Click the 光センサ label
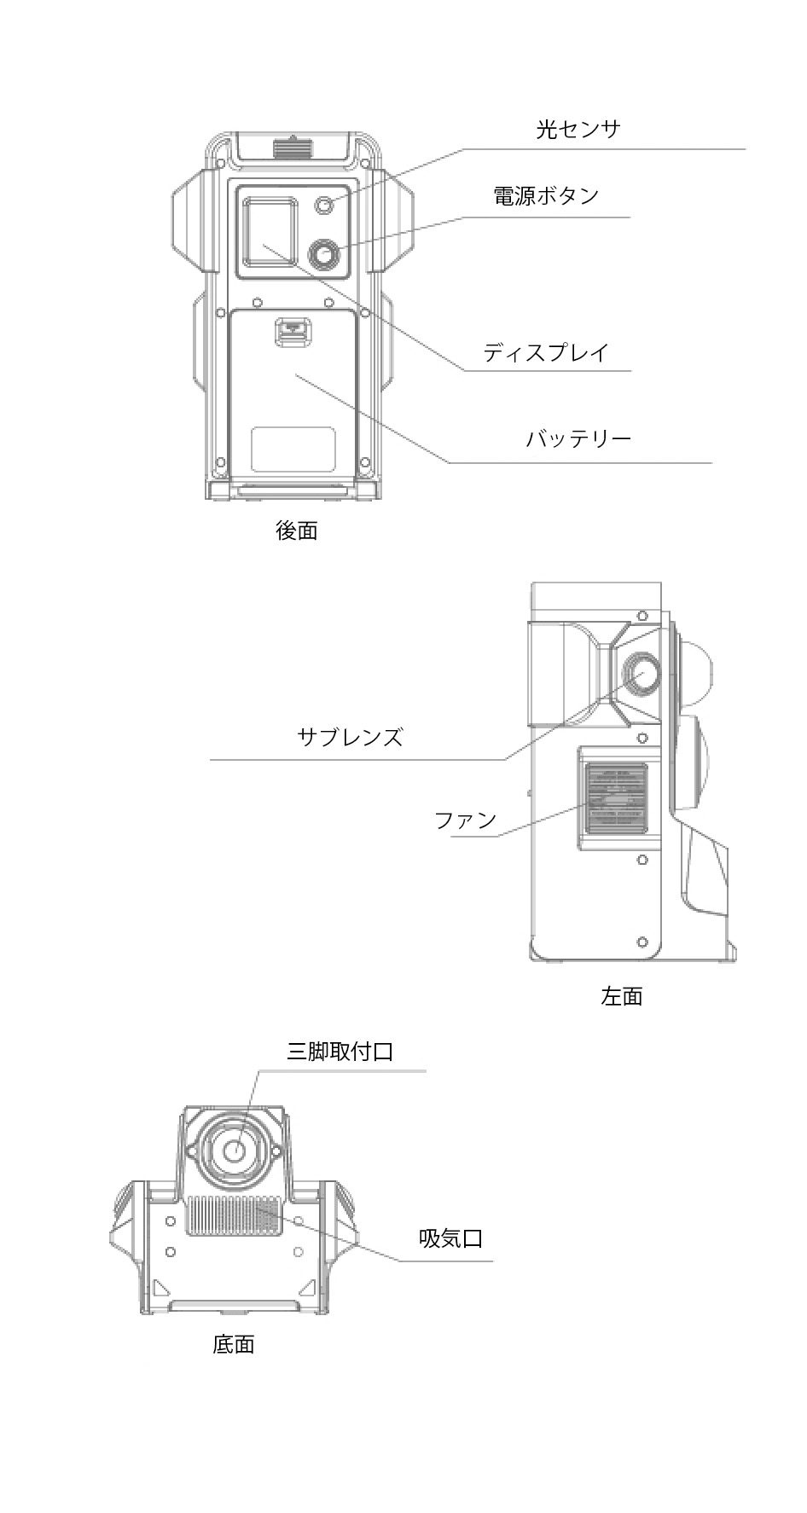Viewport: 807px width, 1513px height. [578, 130]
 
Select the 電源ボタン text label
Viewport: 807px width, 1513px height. [546, 196]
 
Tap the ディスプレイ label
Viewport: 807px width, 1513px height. [545, 352]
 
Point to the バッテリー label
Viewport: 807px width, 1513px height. [578, 439]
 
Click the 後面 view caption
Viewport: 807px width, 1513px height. [297, 530]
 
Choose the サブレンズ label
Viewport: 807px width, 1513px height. [350, 737]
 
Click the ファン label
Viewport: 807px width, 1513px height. [465, 820]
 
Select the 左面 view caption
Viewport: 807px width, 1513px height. [622, 996]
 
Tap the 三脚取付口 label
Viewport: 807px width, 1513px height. [340, 1052]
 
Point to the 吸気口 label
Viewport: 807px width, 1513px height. [450, 1238]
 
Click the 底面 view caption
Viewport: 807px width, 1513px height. [234, 1345]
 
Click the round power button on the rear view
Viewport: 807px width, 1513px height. [324, 254]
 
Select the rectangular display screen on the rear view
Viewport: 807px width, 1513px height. [270, 230]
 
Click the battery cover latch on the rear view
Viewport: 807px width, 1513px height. [293, 333]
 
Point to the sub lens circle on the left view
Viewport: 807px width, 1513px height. [641, 674]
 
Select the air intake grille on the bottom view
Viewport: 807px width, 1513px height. [234, 1214]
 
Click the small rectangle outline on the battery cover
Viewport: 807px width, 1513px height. [293, 449]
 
